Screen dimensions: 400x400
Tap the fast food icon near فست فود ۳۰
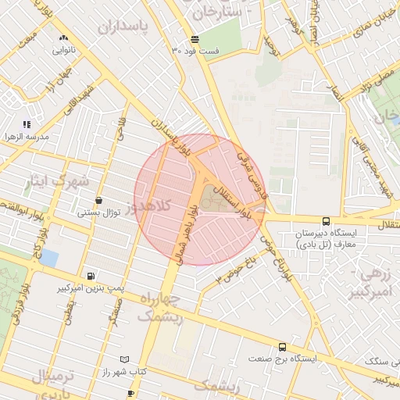(x=195, y=39)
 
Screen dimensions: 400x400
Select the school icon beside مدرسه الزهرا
(x=27, y=124)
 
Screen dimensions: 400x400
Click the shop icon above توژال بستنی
(x=98, y=201)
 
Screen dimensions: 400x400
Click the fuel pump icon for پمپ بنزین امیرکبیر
(x=91, y=277)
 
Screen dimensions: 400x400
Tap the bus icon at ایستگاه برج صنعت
(x=282, y=347)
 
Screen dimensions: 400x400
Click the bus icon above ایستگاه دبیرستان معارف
(x=326, y=222)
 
